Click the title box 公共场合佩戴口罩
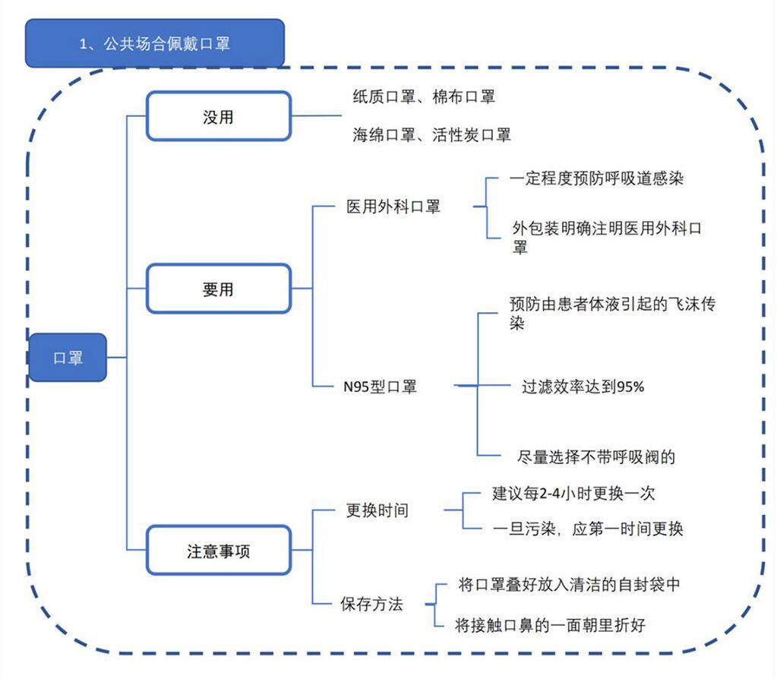point(155,43)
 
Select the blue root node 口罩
point(68,358)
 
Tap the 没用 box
point(218,116)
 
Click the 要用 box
point(218,289)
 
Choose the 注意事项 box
point(218,550)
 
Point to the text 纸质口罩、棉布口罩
point(424,96)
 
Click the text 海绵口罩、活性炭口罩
point(431,134)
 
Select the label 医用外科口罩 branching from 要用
point(393,207)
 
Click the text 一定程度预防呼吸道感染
point(597,180)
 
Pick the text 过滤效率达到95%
point(583,387)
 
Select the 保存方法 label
point(371,605)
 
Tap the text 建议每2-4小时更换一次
point(573,494)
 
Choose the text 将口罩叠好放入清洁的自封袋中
point(569,585)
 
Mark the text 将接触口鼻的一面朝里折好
point(550,625)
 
